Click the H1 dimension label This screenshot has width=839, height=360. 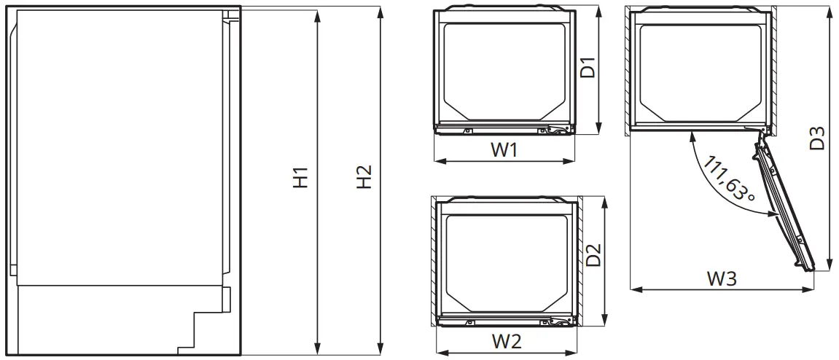[301, 179]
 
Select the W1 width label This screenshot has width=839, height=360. [504, 150]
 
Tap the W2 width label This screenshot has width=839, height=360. [506, 340]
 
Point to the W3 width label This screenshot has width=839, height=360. [722, 278]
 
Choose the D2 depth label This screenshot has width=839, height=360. [594, 254]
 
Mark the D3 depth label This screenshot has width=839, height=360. [818, 138]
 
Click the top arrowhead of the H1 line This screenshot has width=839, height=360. [317, 14]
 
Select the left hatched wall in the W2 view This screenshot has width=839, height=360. [434, 259]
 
